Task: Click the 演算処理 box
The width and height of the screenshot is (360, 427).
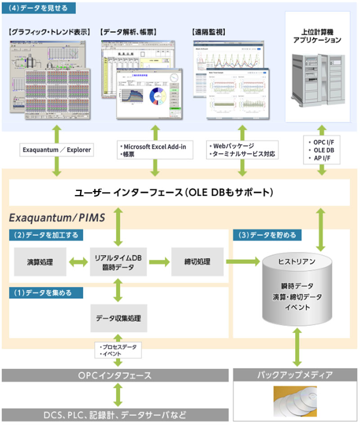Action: click(x=40, y=262)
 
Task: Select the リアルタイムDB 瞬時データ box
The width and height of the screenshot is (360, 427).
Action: click(x=118, y=262)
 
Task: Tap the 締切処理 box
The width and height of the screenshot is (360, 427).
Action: click(x=197, y=262)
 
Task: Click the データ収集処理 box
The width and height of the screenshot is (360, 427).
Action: click(x=118, y=318)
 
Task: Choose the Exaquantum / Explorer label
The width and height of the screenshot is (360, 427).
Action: click(x=56, y=149)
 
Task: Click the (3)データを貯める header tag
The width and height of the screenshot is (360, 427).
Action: click(x=267, y=235)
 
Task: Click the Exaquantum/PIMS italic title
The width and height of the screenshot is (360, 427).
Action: click(x=57, y=218)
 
